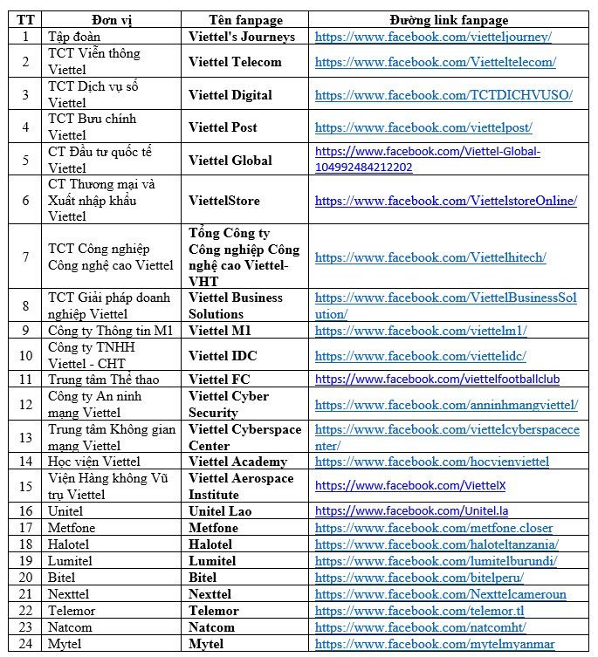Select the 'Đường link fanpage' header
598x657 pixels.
point(449,20)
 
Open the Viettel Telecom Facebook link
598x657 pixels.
point(435,62)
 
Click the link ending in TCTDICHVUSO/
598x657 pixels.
point(443,95)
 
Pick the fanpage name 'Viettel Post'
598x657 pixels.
point(223,127)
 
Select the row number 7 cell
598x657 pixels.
point(25,257)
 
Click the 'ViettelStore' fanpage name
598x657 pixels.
point(223,201)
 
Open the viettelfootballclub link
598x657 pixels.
point(437,380)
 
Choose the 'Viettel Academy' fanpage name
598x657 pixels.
point(237,462)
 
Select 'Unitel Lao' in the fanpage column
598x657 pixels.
point(220,510)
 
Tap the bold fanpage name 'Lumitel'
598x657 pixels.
point(212,560)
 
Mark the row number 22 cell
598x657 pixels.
point(25,611)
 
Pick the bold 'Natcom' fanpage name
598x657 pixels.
point(211,627)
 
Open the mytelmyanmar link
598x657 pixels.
point(435,645)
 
